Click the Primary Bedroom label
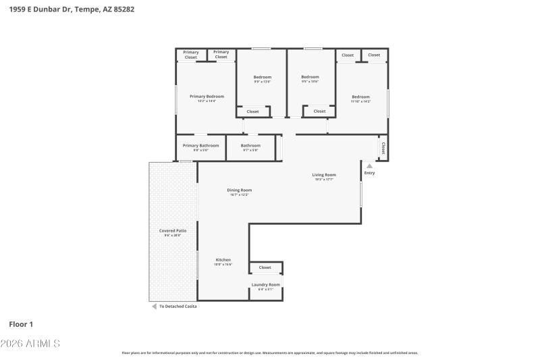[207, 97]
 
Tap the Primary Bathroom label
[200, 145]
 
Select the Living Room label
[324, 175]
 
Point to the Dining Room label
[239, 190]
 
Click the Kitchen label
[223, 260]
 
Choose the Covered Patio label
[173, 231]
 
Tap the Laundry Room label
[265, 284]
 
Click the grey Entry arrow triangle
[369, 165]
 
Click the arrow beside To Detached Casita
[153, 306]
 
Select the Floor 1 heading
[21, 324]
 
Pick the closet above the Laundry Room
[265, 267]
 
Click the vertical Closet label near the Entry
[383, 148]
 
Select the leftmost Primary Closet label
[191, 55]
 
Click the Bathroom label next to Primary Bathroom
[250, 145]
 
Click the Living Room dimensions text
[324, 180]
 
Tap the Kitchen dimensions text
[223, 265]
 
